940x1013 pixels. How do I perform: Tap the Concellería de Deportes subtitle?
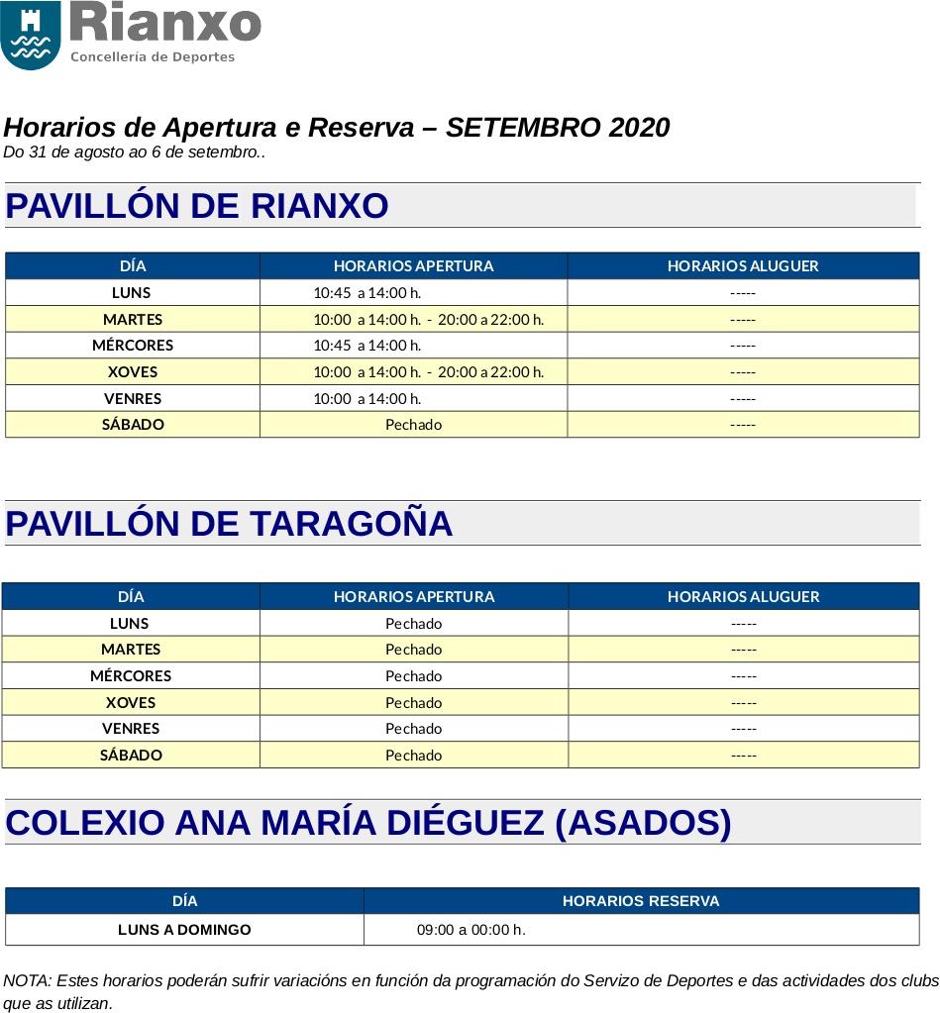153,57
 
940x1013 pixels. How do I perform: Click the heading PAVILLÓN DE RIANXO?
197,206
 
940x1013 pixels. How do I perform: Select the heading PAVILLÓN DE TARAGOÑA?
229,524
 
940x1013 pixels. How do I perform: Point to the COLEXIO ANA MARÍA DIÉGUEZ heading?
368,823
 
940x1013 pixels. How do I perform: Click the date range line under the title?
134,152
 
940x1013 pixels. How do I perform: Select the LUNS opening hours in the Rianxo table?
367,293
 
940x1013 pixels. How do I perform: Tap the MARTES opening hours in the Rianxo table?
428,320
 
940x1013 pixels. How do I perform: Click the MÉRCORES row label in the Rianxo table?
133,346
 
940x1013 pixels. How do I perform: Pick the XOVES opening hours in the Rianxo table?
428,372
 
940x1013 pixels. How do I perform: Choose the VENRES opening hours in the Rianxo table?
367,399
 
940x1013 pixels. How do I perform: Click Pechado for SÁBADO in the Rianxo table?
413,425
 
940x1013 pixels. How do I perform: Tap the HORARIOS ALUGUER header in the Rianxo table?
743,266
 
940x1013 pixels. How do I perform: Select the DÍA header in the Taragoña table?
131,597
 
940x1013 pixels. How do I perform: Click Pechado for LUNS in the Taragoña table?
413,624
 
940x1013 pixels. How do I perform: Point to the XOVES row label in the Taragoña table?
131,703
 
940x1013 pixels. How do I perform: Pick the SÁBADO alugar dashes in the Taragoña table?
744,756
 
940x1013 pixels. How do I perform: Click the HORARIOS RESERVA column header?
641,901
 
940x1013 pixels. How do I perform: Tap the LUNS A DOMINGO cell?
184,930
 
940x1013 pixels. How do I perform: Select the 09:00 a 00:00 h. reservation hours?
470,930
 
